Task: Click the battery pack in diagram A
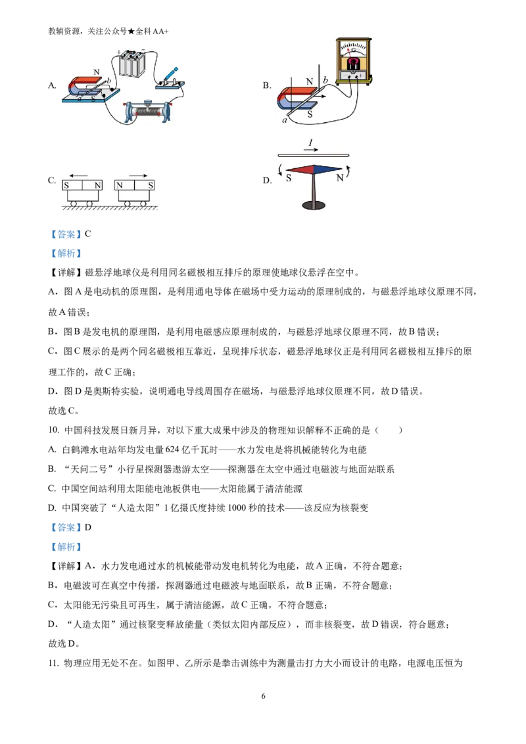131,62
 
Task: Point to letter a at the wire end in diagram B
284,120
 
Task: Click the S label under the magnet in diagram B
310,114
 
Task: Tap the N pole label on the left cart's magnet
97,185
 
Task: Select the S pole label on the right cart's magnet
151,185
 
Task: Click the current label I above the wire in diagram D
311,143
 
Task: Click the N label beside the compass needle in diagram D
340,178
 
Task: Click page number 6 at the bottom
264,696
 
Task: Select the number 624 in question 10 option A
172,450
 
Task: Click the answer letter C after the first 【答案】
88,234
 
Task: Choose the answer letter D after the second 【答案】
88,527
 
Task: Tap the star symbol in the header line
131,32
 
